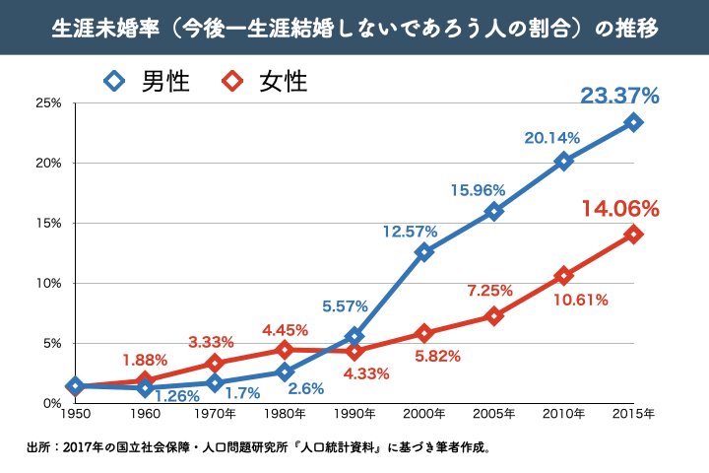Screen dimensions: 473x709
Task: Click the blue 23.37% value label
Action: [x=619, y=96]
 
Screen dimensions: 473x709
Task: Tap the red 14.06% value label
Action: [x=619, y=209]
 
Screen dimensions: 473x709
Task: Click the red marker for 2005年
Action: [x=494, y=316]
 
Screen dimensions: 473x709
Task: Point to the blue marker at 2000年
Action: [x=424, y=252]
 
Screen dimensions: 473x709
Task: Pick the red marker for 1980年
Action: [x=285, y=350]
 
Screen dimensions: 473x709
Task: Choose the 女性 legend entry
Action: [x=266, y=81]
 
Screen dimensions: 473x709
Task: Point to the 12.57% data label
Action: [x=410, y=232]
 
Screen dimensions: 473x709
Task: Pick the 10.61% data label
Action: [x=580, y=299]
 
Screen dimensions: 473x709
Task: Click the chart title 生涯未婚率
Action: [x=354, y=27]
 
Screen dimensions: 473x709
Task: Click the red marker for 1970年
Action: [x=215, y=363]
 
